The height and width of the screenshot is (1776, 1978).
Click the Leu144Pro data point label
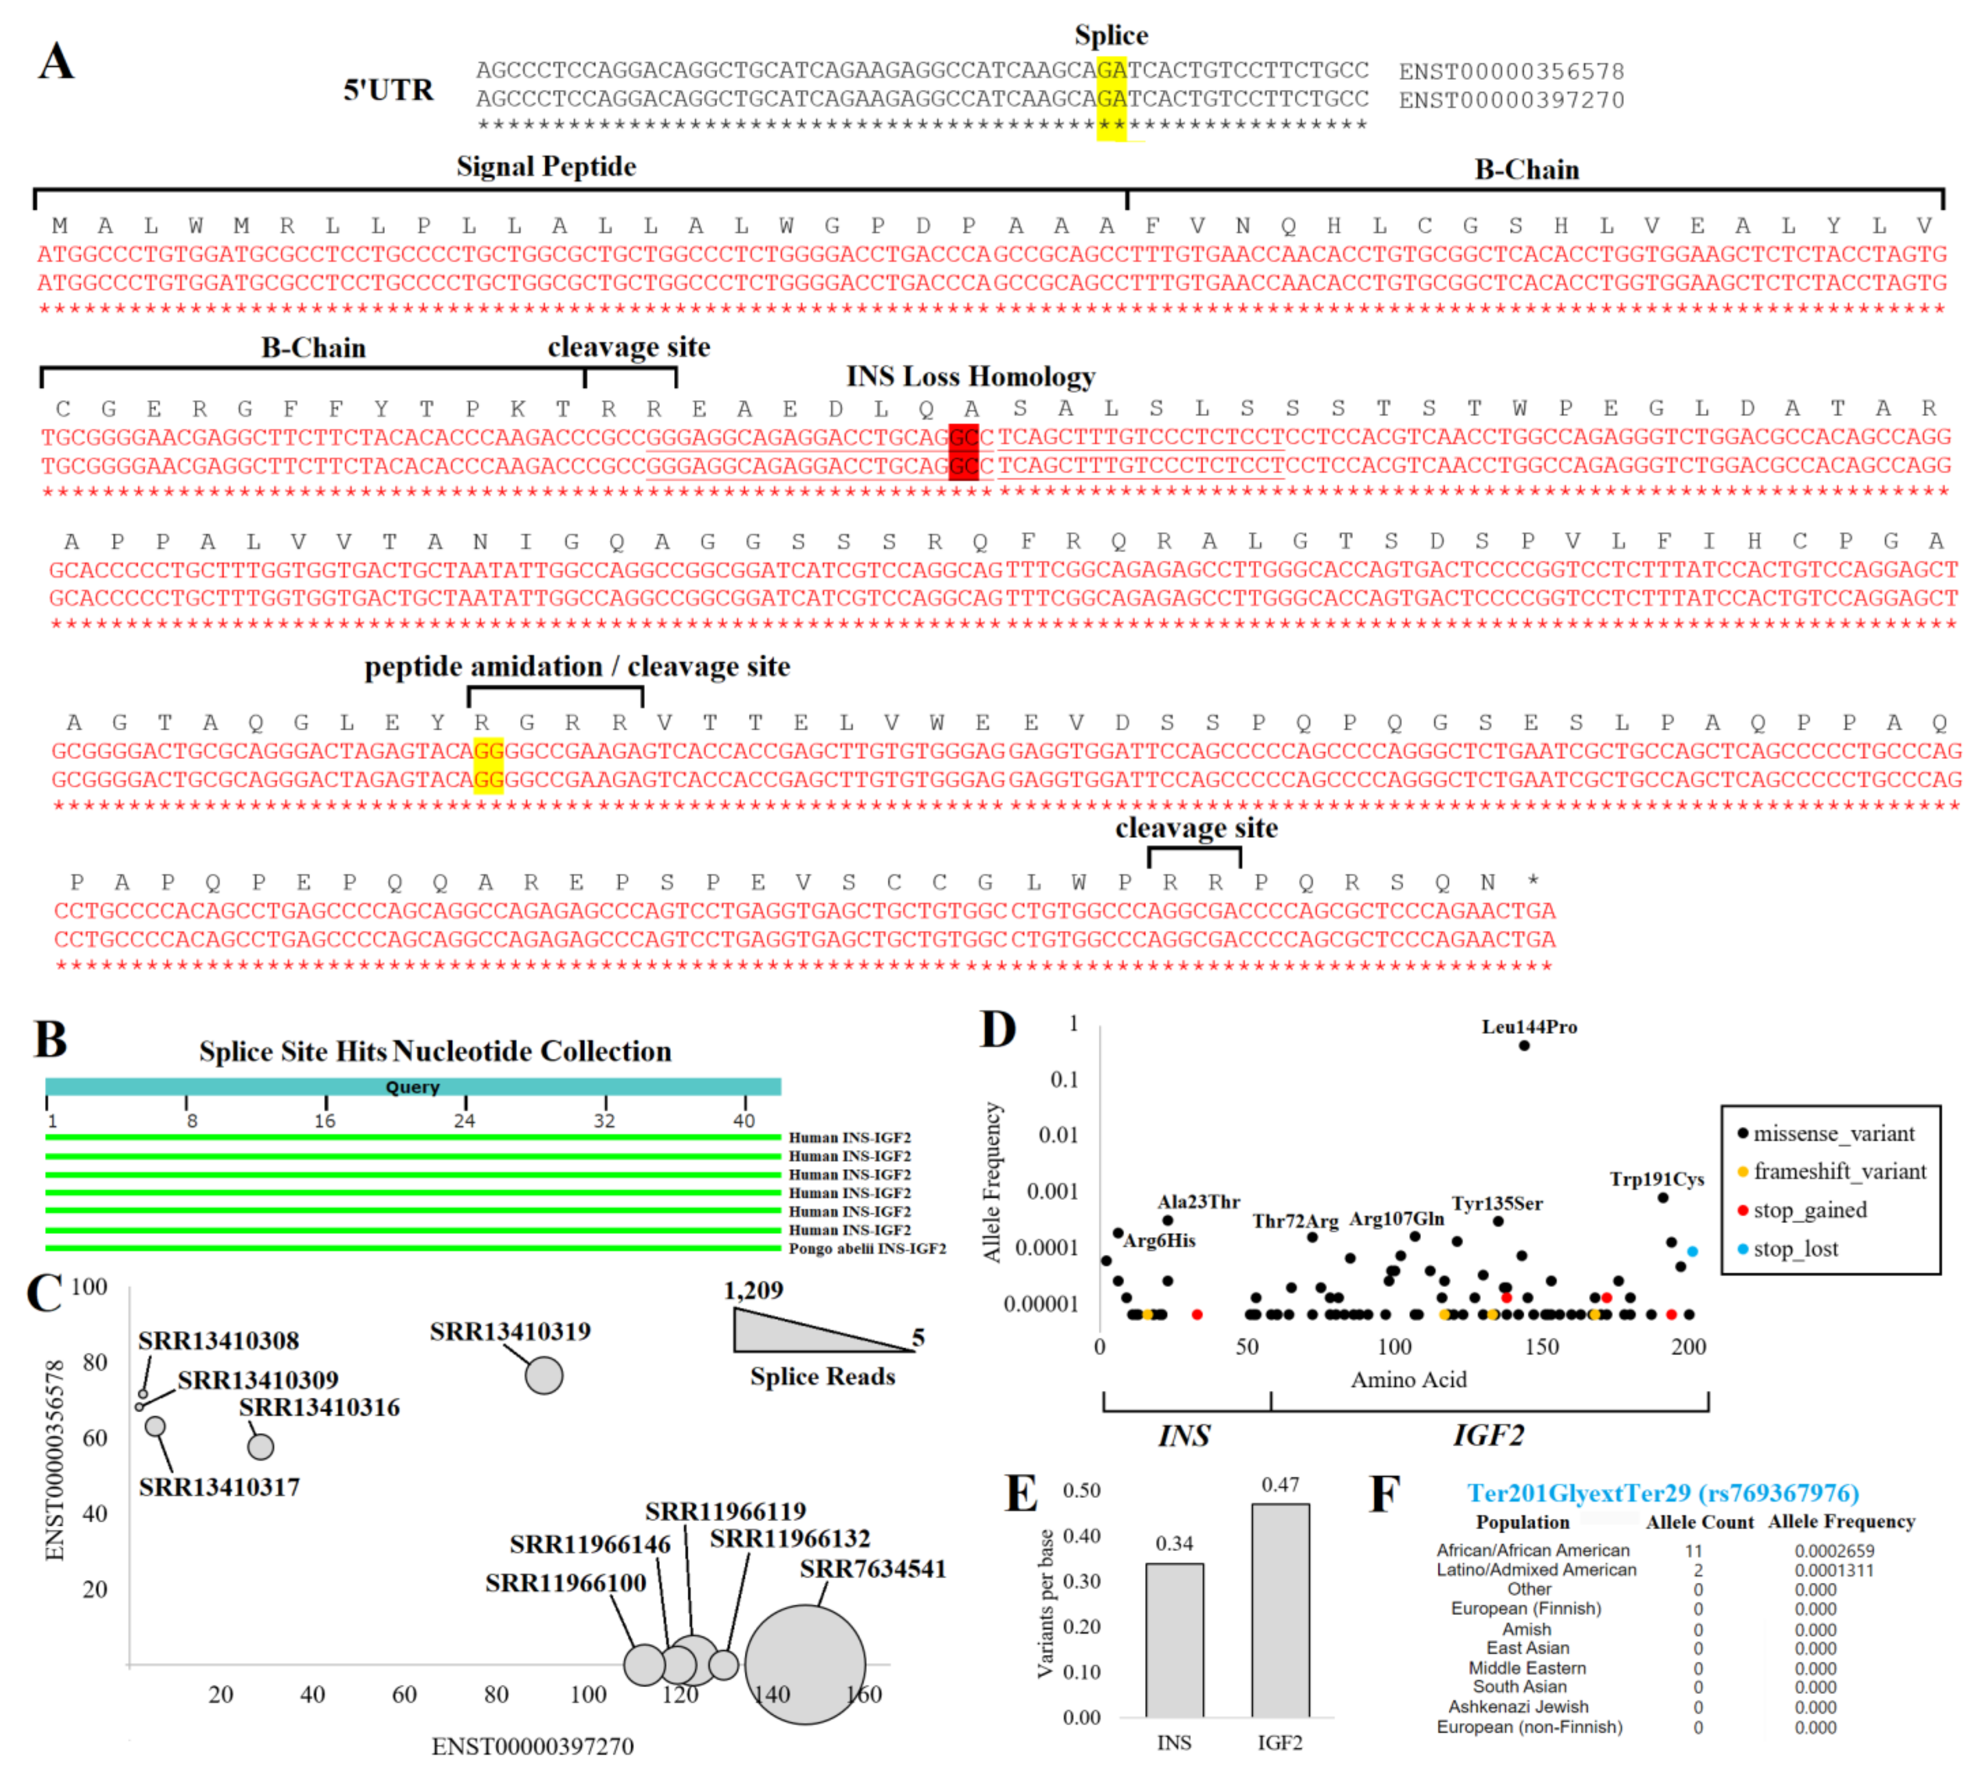pos(1528,1027)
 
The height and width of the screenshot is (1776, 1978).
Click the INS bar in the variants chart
pos(1174,1639)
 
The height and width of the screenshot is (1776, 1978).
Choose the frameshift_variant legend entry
pos(1838,1171)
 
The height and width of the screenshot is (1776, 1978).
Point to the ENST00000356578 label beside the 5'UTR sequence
pos(1510,71)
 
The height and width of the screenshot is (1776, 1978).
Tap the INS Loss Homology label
pos(970,377)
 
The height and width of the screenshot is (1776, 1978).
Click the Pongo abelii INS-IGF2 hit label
pos(866,1248)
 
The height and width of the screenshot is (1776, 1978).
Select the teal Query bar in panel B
pos(413,1086)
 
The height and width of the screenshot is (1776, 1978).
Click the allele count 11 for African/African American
pos(1693,1551)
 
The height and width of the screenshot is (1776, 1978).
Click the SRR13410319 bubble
pos(543,1376)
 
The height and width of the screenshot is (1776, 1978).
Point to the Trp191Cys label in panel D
pos(1656,1179)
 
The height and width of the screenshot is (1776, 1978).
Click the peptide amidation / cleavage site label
pos(577,667)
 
